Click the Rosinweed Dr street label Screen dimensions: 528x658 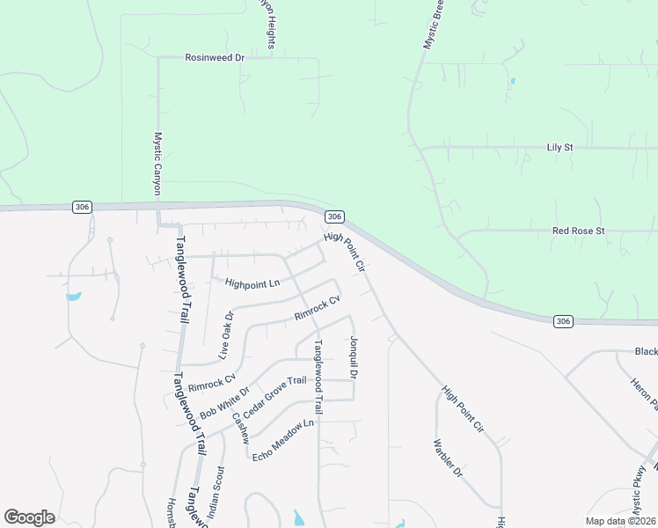(214, 57)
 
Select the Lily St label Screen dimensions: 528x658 (559, 147)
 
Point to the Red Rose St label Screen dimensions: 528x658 (579, 231)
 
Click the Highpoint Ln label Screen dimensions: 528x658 (252, 283)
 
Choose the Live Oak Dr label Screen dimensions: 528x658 (226, 336)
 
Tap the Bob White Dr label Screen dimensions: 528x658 (225, 401)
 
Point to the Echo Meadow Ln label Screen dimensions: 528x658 (283, 440)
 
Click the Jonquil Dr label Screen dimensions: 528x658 (353, 357)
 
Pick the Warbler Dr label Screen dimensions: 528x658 (448, 458)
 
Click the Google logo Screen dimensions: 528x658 (29, 517)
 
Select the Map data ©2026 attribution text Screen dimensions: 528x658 (619, 521)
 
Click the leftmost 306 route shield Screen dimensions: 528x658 (82, 207)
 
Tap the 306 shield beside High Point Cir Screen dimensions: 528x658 (333, 216)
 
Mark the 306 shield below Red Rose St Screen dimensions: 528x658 (564, 321)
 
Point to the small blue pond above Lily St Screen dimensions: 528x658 (512, 82)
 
